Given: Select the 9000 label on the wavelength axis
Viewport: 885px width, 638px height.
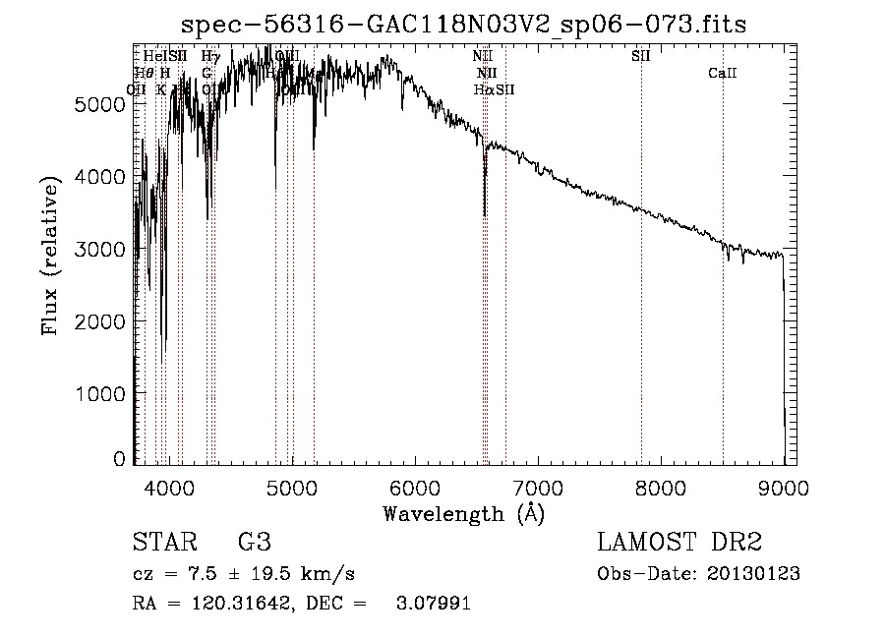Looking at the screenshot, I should (x=784, y=487).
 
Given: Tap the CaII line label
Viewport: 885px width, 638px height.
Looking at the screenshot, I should (x=723, y=73).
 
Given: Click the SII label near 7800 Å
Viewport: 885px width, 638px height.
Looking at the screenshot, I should (x=640, y=56).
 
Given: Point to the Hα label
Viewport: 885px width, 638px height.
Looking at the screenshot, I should (x=482, y=89).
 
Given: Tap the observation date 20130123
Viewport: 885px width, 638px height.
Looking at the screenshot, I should (x=754, y=574).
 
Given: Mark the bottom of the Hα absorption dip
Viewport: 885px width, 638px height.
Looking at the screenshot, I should (x=485, y=214).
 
